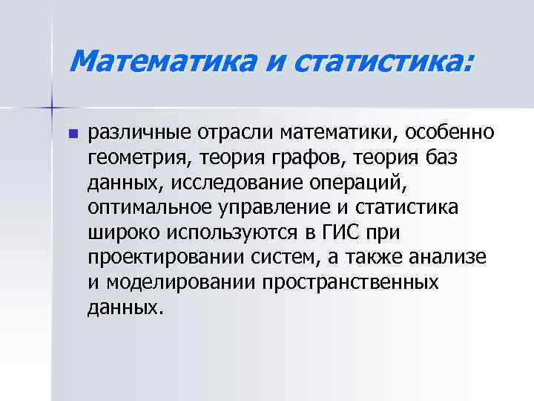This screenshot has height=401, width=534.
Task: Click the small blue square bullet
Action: click(x=72, y=134)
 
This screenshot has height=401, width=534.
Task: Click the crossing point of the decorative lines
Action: click(x=53, y=108)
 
